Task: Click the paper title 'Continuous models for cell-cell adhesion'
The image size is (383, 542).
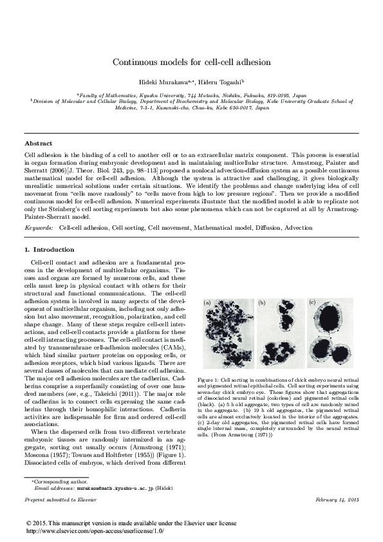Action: [x=191, y=62]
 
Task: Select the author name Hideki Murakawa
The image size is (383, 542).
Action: [x=165, y=82]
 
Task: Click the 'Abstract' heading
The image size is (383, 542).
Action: [x=38, y=143]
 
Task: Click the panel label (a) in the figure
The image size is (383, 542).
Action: [x=207, y=301]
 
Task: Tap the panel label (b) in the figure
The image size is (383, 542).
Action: [x=261, y=301]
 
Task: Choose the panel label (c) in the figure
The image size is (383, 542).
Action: [x=312, y=301]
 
